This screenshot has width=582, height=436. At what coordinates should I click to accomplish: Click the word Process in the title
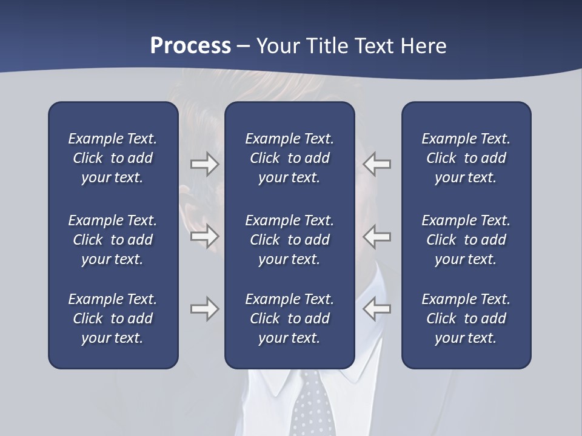coord(190,46)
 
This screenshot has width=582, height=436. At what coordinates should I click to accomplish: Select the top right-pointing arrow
coord(205,164)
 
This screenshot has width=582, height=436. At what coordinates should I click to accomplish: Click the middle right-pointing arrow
coord(205,236)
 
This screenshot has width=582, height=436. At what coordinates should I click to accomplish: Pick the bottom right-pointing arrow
coord(205,309)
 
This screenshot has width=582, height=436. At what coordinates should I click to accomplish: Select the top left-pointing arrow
coord(377,164)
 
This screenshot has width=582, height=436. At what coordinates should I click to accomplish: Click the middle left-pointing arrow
coord(377,236)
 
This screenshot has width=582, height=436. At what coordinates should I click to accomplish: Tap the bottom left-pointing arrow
coord(377,309)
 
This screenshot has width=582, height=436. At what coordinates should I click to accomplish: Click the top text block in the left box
coord(113,158)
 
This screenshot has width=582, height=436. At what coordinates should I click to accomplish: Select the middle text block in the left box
coord(113,240)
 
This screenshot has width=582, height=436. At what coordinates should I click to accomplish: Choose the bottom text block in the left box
coord(113,319)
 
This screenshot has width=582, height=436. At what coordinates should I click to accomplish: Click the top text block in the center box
coord(289,158)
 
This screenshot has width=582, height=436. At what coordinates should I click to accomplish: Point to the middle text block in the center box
coord(289,240)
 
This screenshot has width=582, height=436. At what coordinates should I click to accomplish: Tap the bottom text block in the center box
coord(289,319)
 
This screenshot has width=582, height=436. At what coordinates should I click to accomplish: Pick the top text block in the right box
coord(466,158)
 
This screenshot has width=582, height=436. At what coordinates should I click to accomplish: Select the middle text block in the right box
coord(466,240)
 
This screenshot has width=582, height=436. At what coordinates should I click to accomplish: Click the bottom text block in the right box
coord(466,319)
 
